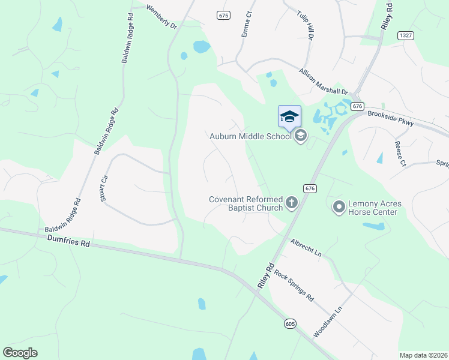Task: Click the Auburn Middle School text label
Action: point(250,136)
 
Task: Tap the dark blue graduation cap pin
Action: point(289,116)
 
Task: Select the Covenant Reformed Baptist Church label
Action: point(246,203)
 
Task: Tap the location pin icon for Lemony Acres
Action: point(339,208)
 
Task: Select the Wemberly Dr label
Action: point(162,17)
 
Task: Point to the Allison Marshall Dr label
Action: point(324,81)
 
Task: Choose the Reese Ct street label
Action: point(400,154)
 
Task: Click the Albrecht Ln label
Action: point(306,248)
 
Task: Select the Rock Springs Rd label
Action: point(294,284)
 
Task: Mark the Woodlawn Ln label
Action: point(327,322)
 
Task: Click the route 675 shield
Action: point(224,15)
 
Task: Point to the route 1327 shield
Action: point(406,36)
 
